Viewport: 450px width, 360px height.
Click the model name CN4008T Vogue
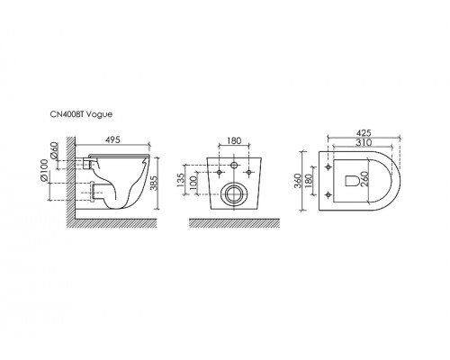(x=81, y=114)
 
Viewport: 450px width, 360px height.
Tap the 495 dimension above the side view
(x=112, y=139)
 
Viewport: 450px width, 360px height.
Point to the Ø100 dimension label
(x=44, y=170)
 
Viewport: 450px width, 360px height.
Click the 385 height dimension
(x=154, y=183)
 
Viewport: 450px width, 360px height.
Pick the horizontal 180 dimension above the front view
(x=234, y=140)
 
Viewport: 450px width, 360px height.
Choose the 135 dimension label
(x=181, y=180)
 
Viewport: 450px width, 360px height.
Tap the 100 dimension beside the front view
(x=193, y=183)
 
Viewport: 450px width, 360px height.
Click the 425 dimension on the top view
(x=364, y=132)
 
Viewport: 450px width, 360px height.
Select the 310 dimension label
(x=364, y=142)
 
